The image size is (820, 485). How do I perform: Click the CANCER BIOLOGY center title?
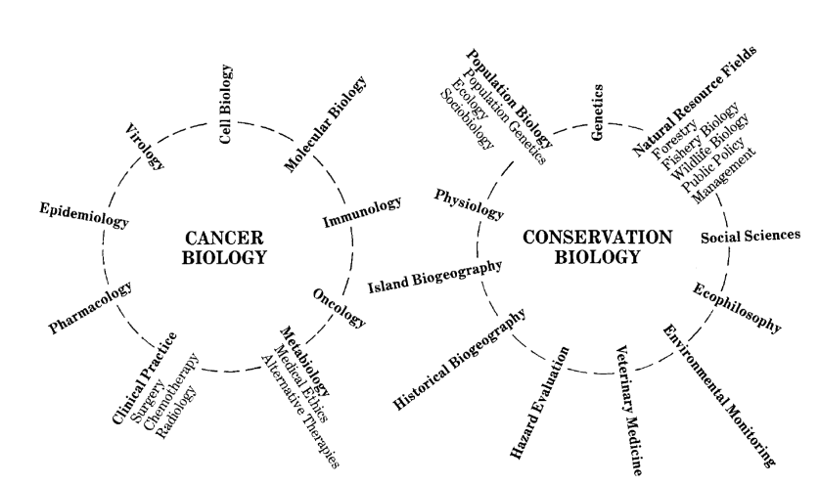(224, 248)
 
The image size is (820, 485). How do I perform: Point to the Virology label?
(145, 147)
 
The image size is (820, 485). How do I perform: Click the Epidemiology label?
(84, 215)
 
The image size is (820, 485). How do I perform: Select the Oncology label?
(340, 307)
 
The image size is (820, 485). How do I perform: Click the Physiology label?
(470, 205)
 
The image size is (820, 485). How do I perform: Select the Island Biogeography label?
(435, 278)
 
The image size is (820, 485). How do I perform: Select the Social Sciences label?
(751, 235)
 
